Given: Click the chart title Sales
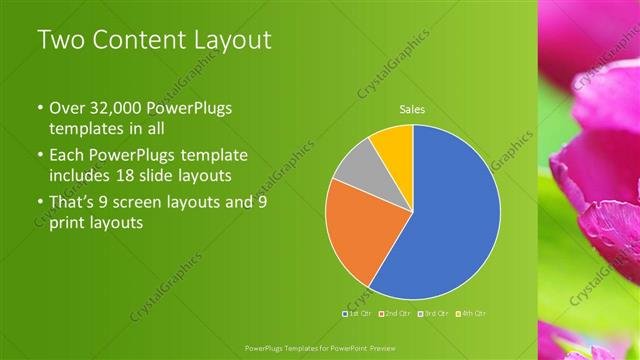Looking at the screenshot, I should click(x=412, y=108).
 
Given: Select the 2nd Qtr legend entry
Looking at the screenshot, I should click(x=397, y=314).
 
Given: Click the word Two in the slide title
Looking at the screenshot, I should click(x=59, y=41).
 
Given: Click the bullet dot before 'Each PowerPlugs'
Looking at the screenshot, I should click(x=40, y=156).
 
